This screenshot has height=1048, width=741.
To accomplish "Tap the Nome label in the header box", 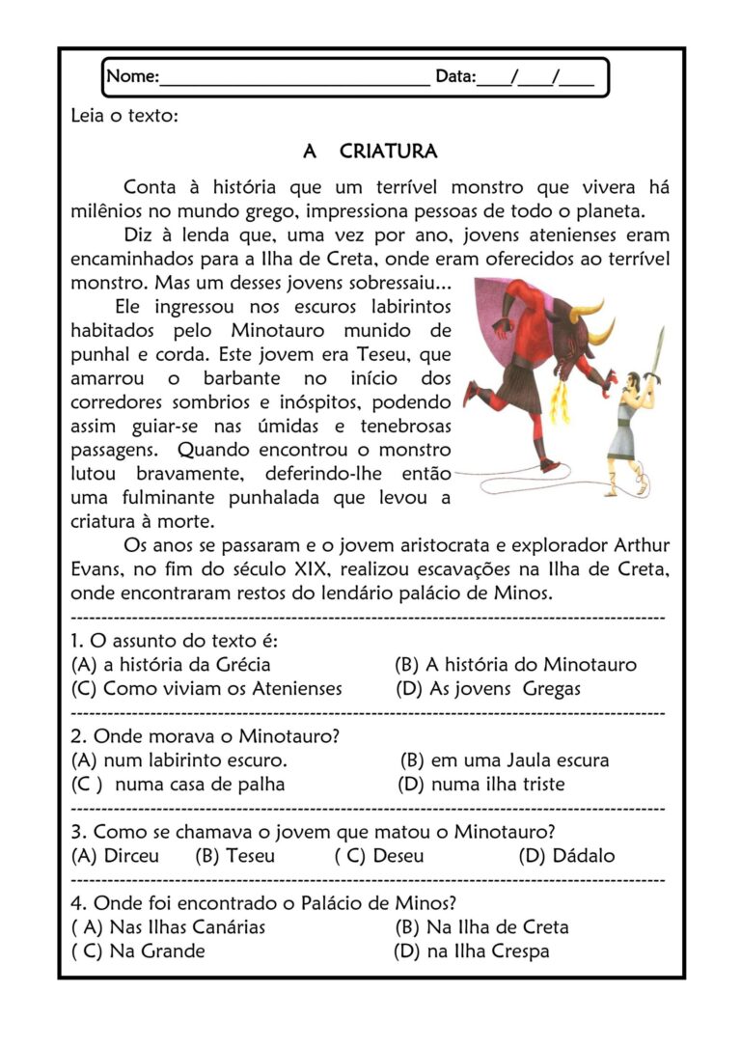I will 132,76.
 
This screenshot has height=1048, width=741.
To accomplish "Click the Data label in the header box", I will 455,76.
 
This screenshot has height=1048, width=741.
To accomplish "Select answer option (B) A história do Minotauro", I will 515,664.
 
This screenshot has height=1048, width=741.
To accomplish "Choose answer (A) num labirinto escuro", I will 179,759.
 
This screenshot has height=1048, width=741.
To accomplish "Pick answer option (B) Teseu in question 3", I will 234,855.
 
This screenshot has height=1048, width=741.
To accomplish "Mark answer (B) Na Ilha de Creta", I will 481,926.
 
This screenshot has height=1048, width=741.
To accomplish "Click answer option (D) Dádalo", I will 566,855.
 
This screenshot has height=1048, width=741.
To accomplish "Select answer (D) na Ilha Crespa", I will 472,951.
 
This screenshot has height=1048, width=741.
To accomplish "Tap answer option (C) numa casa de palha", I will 178,784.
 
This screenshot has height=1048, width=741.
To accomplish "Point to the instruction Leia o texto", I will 124,117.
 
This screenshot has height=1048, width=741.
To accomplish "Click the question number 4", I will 77,903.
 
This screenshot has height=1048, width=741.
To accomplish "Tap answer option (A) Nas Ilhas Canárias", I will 169,926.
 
